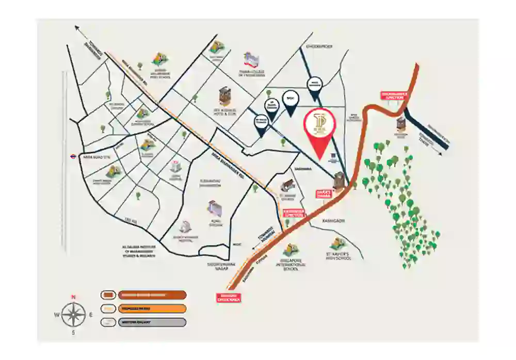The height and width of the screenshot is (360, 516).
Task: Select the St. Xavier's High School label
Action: (338, 256)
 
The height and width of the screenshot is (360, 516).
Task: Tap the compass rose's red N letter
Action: (73, 297)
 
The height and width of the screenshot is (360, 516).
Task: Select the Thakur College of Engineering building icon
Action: (252, 58)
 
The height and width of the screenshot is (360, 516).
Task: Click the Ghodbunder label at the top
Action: (320, 46)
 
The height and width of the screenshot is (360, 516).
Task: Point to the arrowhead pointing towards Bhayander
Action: (77, 28)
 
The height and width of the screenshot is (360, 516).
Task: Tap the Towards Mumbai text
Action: (263, 241)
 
